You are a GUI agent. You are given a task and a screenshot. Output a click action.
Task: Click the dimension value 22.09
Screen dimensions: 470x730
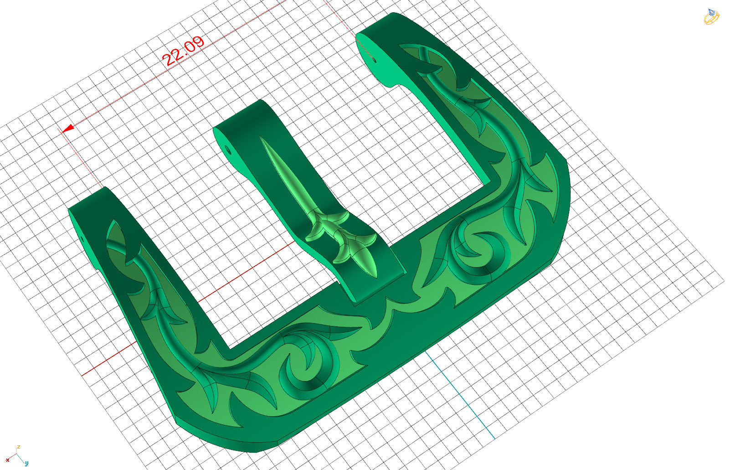click(x=183, y=51)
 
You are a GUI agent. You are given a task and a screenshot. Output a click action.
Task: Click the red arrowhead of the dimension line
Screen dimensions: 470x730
click(x=68, y=129)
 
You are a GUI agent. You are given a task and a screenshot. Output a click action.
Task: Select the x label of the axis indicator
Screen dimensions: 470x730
click(x=7, y=460)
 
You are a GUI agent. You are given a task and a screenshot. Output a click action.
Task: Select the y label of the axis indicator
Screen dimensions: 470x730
click(x=26, y=463)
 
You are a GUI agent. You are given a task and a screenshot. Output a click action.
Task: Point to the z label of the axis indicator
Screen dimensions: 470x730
click(x=18, y=447)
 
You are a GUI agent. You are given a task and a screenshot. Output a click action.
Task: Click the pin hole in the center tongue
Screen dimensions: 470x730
click(x=228, y=149)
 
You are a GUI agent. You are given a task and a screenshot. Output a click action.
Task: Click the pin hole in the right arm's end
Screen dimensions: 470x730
click(x=375, y=59)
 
